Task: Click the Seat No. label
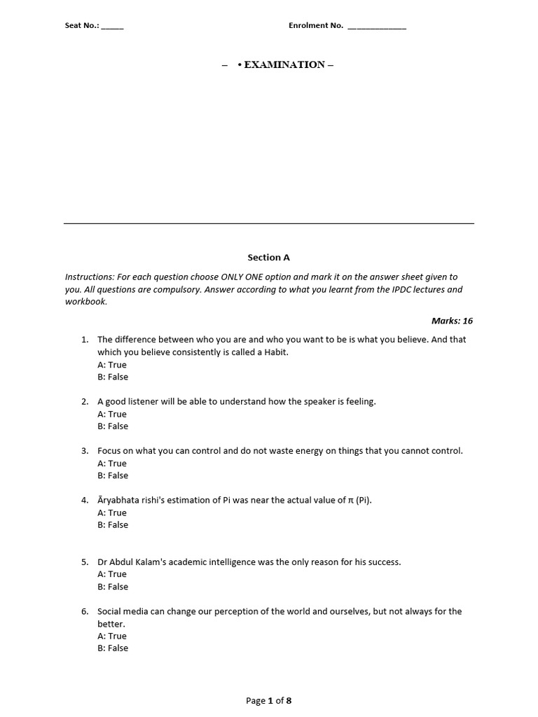coord(82,26)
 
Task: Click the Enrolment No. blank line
coord(376,27)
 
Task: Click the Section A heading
coord(268,258)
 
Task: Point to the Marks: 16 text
coord(453,321)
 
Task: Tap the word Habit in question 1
coord(275,352)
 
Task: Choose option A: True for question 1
coord(112,365)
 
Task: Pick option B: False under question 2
coord(113,426)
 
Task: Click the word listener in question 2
coord(146,401)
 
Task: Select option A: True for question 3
coord(112,464)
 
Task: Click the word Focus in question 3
coord(109,451)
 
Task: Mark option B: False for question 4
coord(113,524)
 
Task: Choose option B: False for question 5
coord(113,587)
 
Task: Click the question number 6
coord(84,611)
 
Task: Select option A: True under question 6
coord(112,636)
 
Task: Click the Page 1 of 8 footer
coord(268,700)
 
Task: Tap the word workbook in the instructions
coord(85,302)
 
